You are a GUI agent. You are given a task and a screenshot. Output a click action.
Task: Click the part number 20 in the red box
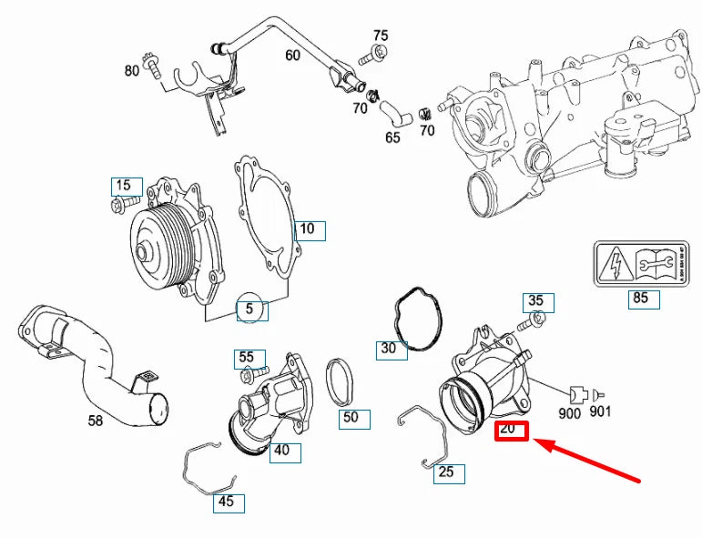click(x=511, y=430)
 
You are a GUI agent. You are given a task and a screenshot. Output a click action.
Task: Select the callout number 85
click(x=641, y=298)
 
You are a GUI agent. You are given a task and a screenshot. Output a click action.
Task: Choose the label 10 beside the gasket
click(x=309, y=229)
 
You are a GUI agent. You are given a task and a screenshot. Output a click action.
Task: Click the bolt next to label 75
click(x=367, y=57)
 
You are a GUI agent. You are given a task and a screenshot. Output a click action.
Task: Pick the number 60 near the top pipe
click(x=291, y=56)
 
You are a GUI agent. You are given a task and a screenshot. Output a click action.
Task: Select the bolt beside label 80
click(x=156, y=66)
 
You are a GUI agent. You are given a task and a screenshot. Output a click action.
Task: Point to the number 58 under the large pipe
click(x=95, y=421)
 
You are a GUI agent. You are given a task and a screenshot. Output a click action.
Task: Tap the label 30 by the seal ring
click(x=389, y=349)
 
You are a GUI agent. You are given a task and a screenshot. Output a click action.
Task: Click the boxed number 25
click(x=446, y=472)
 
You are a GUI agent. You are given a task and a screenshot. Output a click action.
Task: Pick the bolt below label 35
click(x=532, y=320)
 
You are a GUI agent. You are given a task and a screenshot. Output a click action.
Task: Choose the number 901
click(x=599, y=412)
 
